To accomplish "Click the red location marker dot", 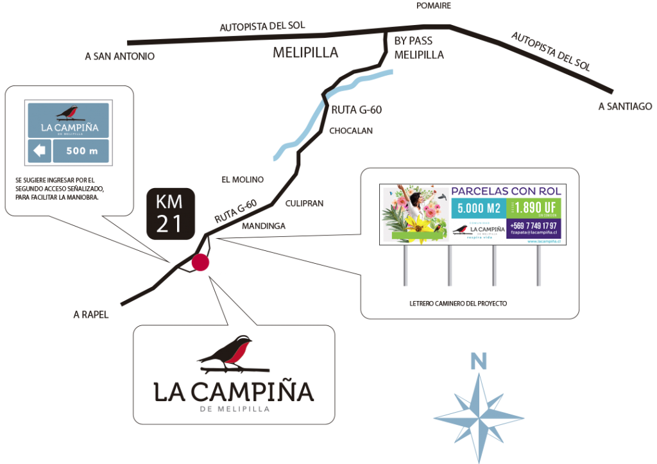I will tap(200, 262).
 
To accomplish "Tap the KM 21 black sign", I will tap(169, 214).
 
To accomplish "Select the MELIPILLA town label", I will tap(305, 53).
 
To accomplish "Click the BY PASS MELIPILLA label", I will tap(418, 48).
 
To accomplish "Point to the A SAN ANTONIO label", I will tap(119, 56).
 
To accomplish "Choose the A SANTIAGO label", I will tap(625, 107).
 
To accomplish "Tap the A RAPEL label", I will tap(91, 314).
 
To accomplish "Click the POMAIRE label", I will tap(434, 5).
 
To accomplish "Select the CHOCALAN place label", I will tap(351, 131).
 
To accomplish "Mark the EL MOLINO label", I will tap(243, 180).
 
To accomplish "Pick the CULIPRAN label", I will tap(304, 203).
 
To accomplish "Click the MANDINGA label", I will tap(263, 226).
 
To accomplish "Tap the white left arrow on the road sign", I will tap(40, 151).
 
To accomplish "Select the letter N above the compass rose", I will tap(478, 362).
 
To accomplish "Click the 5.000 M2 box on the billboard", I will tap(478, 208).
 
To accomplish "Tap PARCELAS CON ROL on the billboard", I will tap(506, 191).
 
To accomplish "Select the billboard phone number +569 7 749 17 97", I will tap(533, 225).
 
